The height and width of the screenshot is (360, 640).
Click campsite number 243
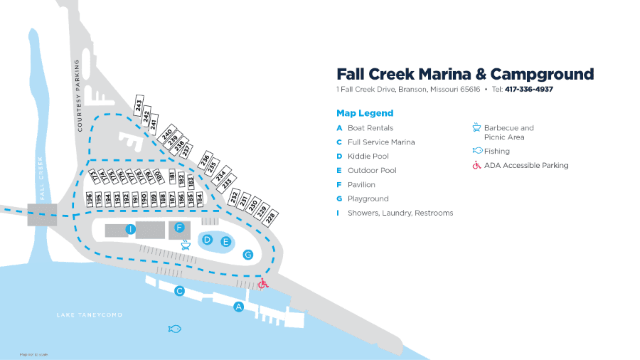pyautogui.click(x=139, y=105)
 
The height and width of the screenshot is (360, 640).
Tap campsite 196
pyautogui.click(x=90, y=201)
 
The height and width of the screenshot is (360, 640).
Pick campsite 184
pyautogui.click(x=199, y=199)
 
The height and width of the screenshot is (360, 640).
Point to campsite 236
pyautogui.click(x=205, y=159)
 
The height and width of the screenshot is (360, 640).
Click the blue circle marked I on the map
pyautogui.click(x=130, y=229)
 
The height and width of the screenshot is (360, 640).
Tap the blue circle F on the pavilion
pyautogui.click(x=180, y=228)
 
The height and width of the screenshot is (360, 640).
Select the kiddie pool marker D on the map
pyautogui.click(x=208, y=240)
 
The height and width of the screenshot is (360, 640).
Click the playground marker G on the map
pyautogui.click(x=248, y=254)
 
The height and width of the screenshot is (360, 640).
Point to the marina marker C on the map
pyautogui.click(x=180, y=290)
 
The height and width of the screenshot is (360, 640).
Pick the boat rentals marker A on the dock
pyautogui.click(x=239, y=307)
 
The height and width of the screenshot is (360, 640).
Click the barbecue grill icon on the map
pyautogui.click(x=187, y=244)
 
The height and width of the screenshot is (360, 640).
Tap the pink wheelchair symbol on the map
pyautogui.click(x=262, y=284)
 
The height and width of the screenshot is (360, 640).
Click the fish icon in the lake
pyautogui.click(x=174, y=328)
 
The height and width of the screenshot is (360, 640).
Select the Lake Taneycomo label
pyautogui.click(x=90, y=314)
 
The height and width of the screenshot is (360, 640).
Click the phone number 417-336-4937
pyautogui.click(x=529, y=90)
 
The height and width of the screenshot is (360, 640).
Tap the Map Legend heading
pyautogui.click(x=364, y=113)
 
